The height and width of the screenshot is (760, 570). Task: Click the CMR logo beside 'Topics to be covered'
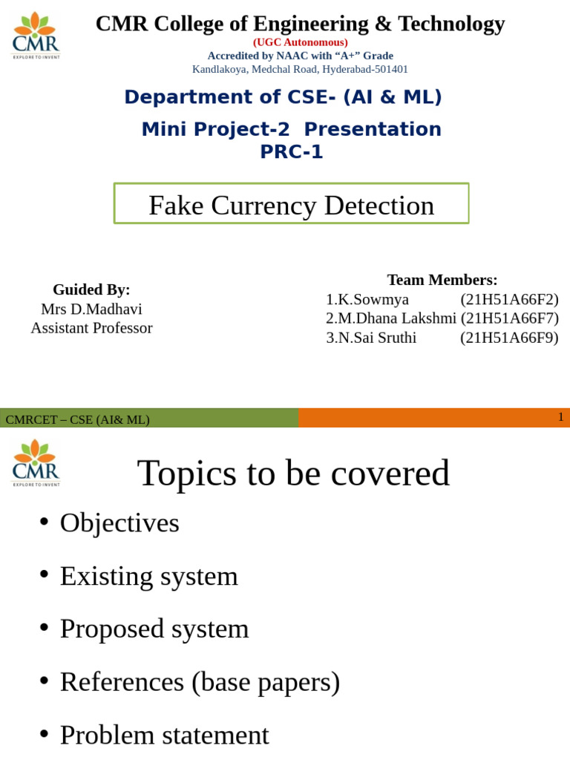pos(36,463)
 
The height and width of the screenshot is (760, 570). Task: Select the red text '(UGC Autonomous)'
pos(300,42)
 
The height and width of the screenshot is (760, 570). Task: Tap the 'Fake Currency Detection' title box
pos(291,204)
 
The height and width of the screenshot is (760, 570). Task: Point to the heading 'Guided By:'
pos(91,289)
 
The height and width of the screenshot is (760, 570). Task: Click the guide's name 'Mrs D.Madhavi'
pos(91,309)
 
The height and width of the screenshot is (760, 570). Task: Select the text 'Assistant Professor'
pos(91,328)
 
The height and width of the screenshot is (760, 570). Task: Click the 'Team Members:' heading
pos(442,280)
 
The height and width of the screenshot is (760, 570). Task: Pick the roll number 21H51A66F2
pos(509,299)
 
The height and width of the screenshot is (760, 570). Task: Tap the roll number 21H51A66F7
pos(509,318)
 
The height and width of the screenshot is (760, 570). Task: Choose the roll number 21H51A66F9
pos(509,338)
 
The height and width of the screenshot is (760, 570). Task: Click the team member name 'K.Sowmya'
pos(372,299)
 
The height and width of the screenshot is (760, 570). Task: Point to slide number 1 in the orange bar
pos(561,417)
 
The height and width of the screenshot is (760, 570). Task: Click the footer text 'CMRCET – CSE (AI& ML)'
pos(77,419)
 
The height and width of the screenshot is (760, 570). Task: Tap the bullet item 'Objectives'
pos(119,522)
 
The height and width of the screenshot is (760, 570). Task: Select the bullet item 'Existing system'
pos(148,576)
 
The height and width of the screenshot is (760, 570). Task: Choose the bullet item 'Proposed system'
pos(154,629)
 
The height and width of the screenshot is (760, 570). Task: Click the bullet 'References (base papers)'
pos(200,682)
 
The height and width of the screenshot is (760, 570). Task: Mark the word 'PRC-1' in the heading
pos(291,151)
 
